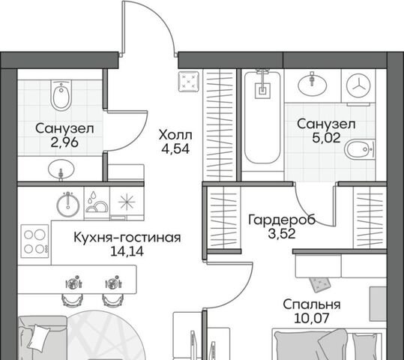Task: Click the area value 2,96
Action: click(x=64, y=142)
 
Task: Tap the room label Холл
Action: click(x=175, y=135)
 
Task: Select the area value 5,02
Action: click(x=326, y=138)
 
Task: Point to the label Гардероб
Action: click(x=282, y=220)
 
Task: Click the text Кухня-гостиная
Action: click(x=127, y=238)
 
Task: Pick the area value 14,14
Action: click(x=127, y=251)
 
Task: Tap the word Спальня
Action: click(x=312, y=304)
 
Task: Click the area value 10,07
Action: click(x=312, y=318)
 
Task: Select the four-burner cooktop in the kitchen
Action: click(x=34, y=241)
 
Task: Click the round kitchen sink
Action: click(x=68, y=204)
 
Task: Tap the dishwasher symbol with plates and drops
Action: click(x=97, y=203)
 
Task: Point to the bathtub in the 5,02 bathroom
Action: click(x=262, y=117)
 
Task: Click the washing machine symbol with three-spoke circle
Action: click(x=358, y=85)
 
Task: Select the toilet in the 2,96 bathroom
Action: click(x=61, y=95)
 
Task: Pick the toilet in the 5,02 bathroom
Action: click(x=360, y=149)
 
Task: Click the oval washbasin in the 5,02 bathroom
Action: click(x=313, y=84)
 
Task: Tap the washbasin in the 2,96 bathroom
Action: click(x=61, y=169)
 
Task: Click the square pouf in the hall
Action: click(x=189, y=82)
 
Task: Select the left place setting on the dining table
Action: click(x=74, y=283)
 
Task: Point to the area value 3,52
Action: click(x=282, y=234)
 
